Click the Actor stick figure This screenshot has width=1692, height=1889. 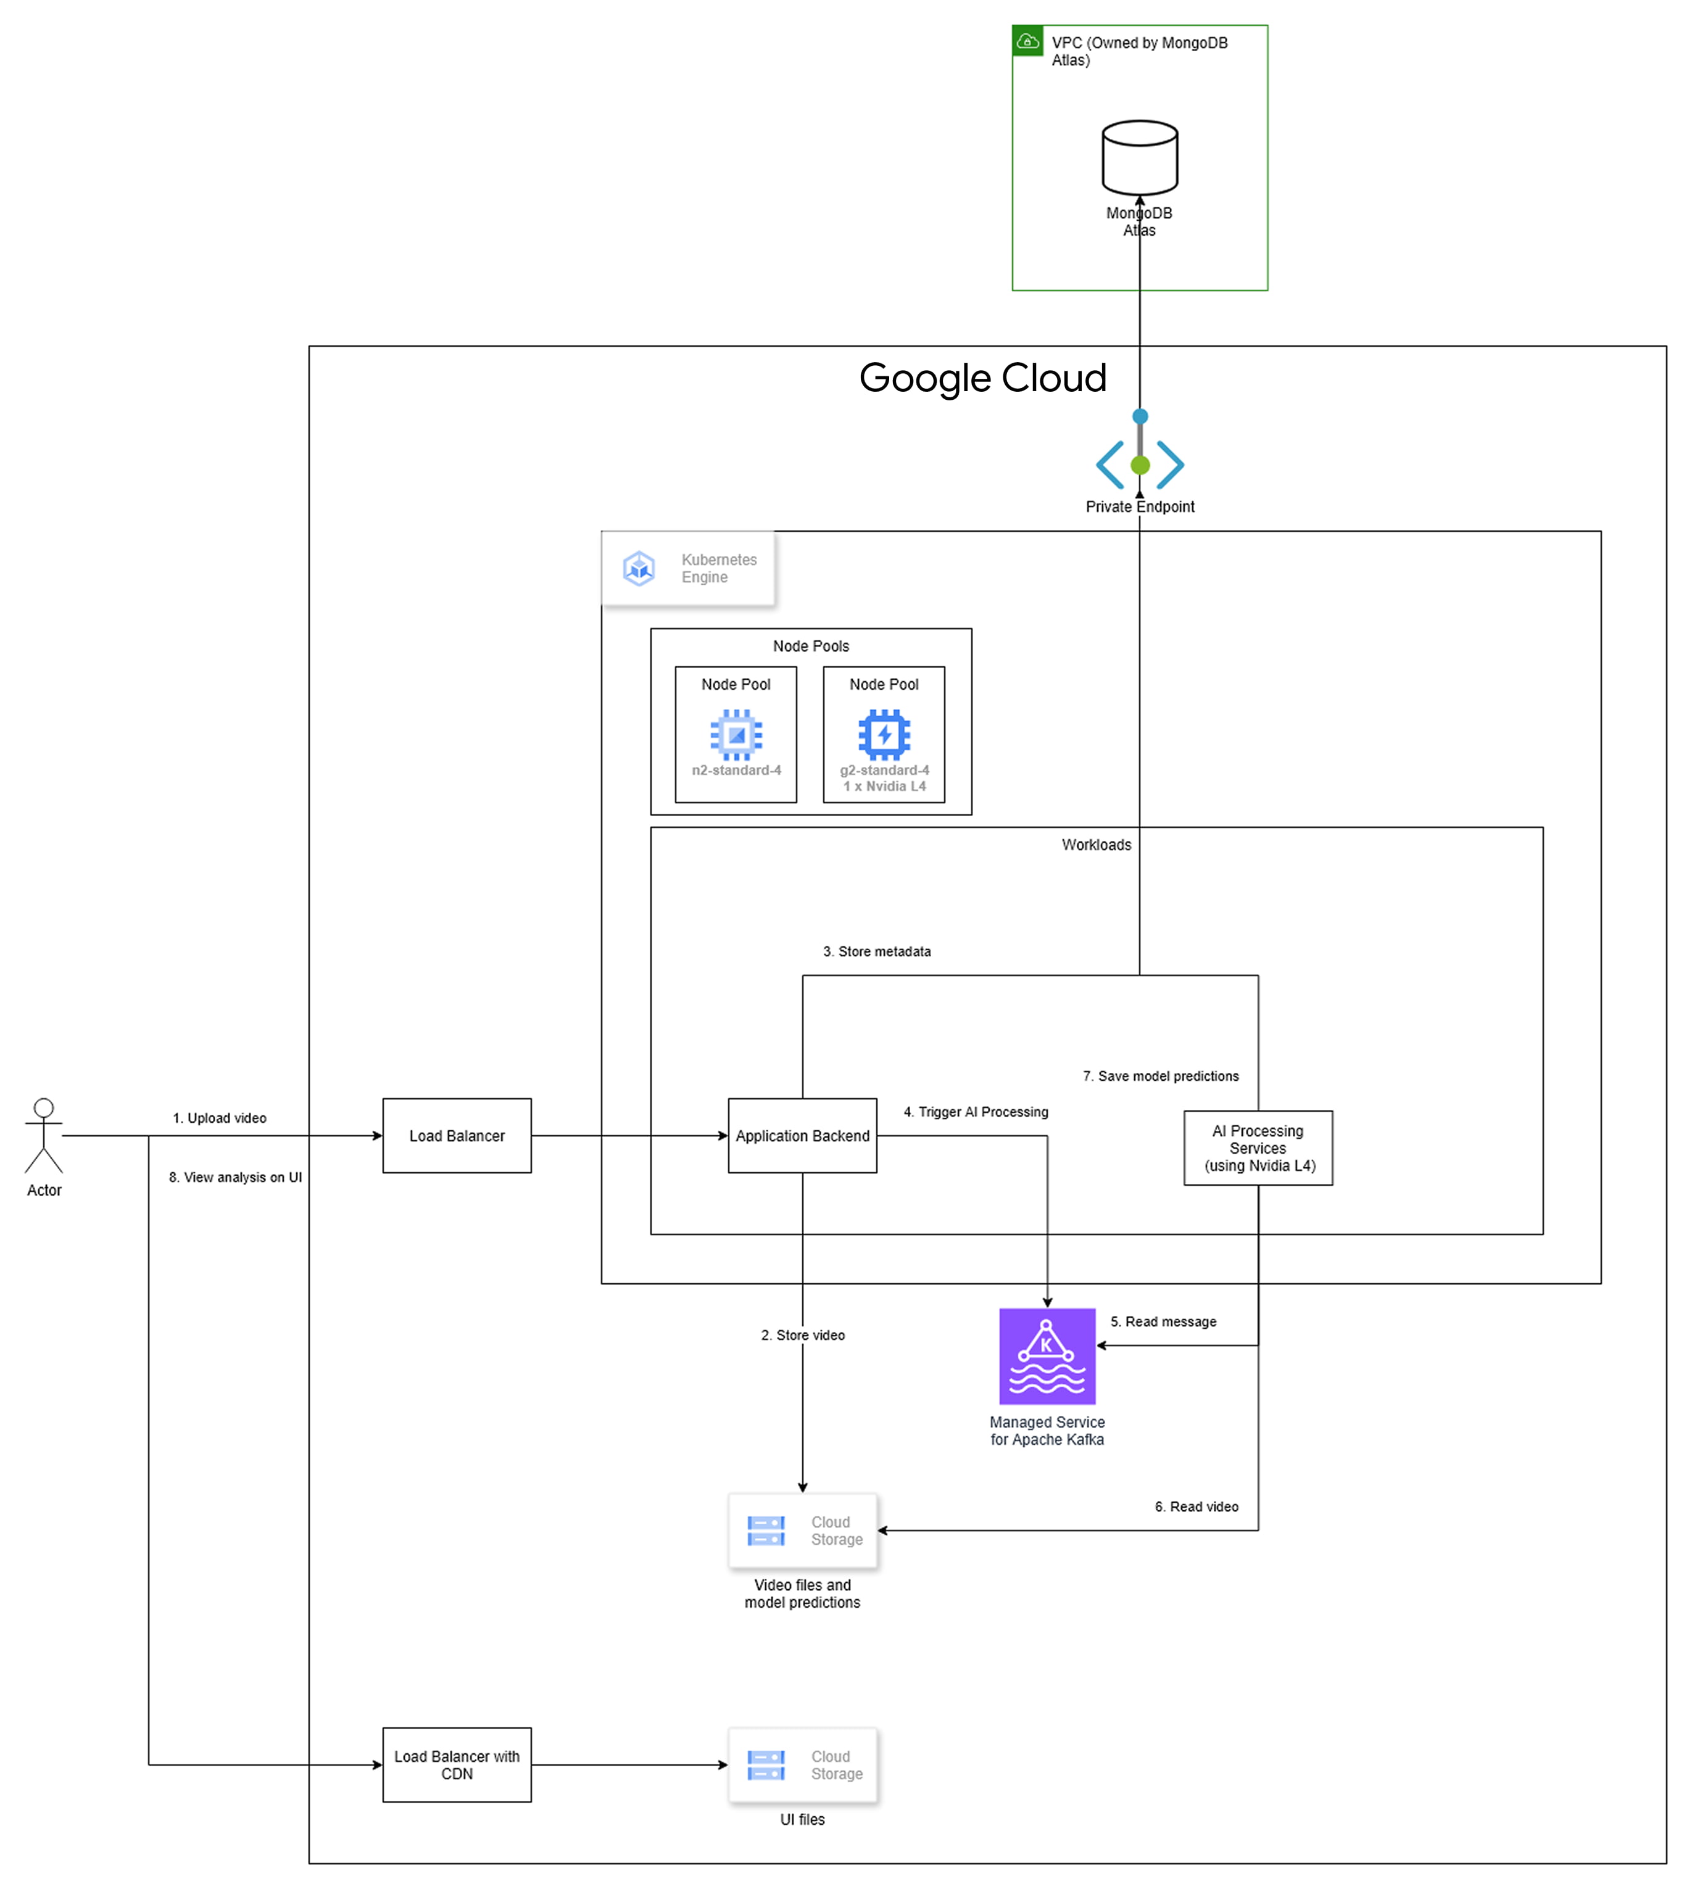coord(44,1135)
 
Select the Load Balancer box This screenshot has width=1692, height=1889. coord(457,1135)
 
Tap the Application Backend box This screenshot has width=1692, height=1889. coord(802,1135)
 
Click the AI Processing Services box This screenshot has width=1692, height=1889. coord(1257,1147)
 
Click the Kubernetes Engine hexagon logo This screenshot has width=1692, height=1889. coord(639,568)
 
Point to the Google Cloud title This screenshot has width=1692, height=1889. coord(982,378)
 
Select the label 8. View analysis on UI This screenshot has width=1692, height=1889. coord(235,1177)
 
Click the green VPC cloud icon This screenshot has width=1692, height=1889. coord(1027,41)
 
